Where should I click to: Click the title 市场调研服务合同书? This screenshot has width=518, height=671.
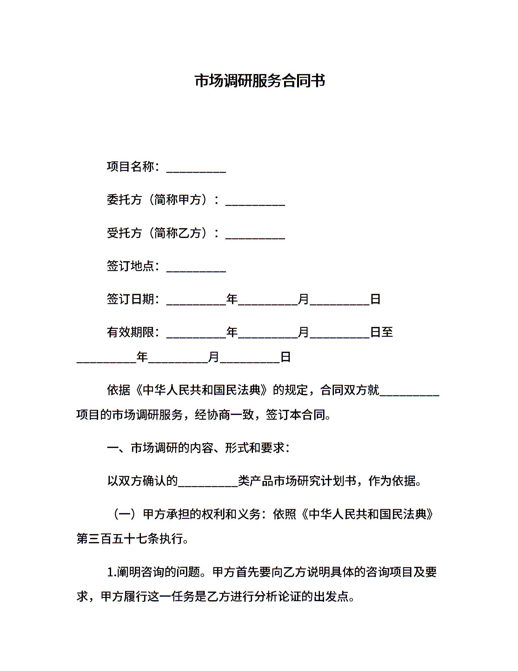[260, 81]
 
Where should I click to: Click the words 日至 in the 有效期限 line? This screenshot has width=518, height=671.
[382, 332]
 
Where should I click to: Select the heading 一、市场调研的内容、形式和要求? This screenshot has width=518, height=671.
[198, 448]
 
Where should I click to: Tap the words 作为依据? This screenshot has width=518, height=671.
[392, 481]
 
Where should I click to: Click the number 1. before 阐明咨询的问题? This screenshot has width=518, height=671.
[111, 573]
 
